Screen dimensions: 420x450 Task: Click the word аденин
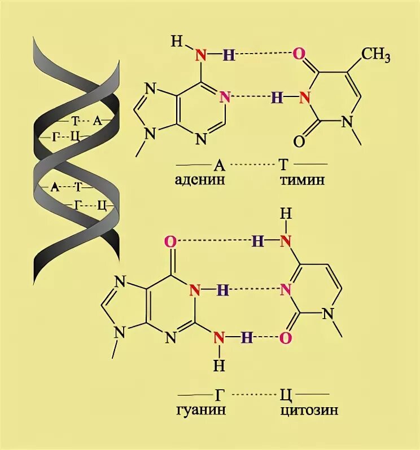pos(200,180)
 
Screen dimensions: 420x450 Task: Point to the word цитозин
pos(309,410)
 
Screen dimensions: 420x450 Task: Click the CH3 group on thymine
pos(375,55)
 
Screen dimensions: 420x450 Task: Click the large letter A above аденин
pos(219,165)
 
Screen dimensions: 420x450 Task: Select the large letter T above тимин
pos(283,165)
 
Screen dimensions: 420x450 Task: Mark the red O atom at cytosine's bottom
pos(286,338)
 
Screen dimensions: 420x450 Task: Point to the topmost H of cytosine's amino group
pos(287,214)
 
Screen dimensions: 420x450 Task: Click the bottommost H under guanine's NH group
pos(219,365)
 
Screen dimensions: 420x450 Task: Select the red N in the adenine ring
pos(225,96)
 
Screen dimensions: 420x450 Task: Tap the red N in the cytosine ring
pos(286,290)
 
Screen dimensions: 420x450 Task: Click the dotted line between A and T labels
pos(251,165)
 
